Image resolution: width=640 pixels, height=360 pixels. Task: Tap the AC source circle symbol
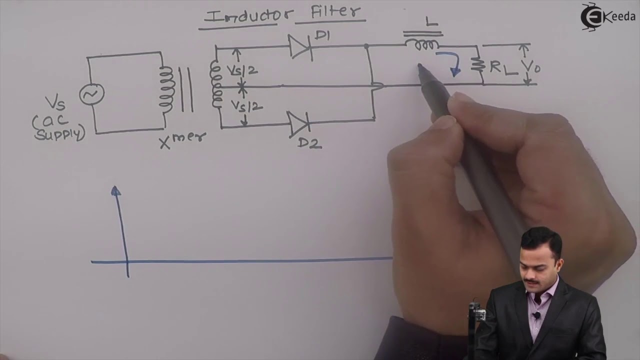(92, 94)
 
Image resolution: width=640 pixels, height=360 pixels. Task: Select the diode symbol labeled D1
(300, 46)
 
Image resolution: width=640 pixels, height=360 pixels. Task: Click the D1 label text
(322, 35)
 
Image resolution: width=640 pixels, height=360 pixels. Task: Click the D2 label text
(310, 143)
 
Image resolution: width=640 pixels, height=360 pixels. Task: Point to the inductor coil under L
(423, 45)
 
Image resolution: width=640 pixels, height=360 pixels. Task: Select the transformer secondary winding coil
(216, 85)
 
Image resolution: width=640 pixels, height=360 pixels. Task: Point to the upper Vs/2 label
(242, 70)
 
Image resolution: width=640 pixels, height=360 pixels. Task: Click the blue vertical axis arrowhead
(115, 190)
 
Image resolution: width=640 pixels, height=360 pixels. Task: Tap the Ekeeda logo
(606, 16)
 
